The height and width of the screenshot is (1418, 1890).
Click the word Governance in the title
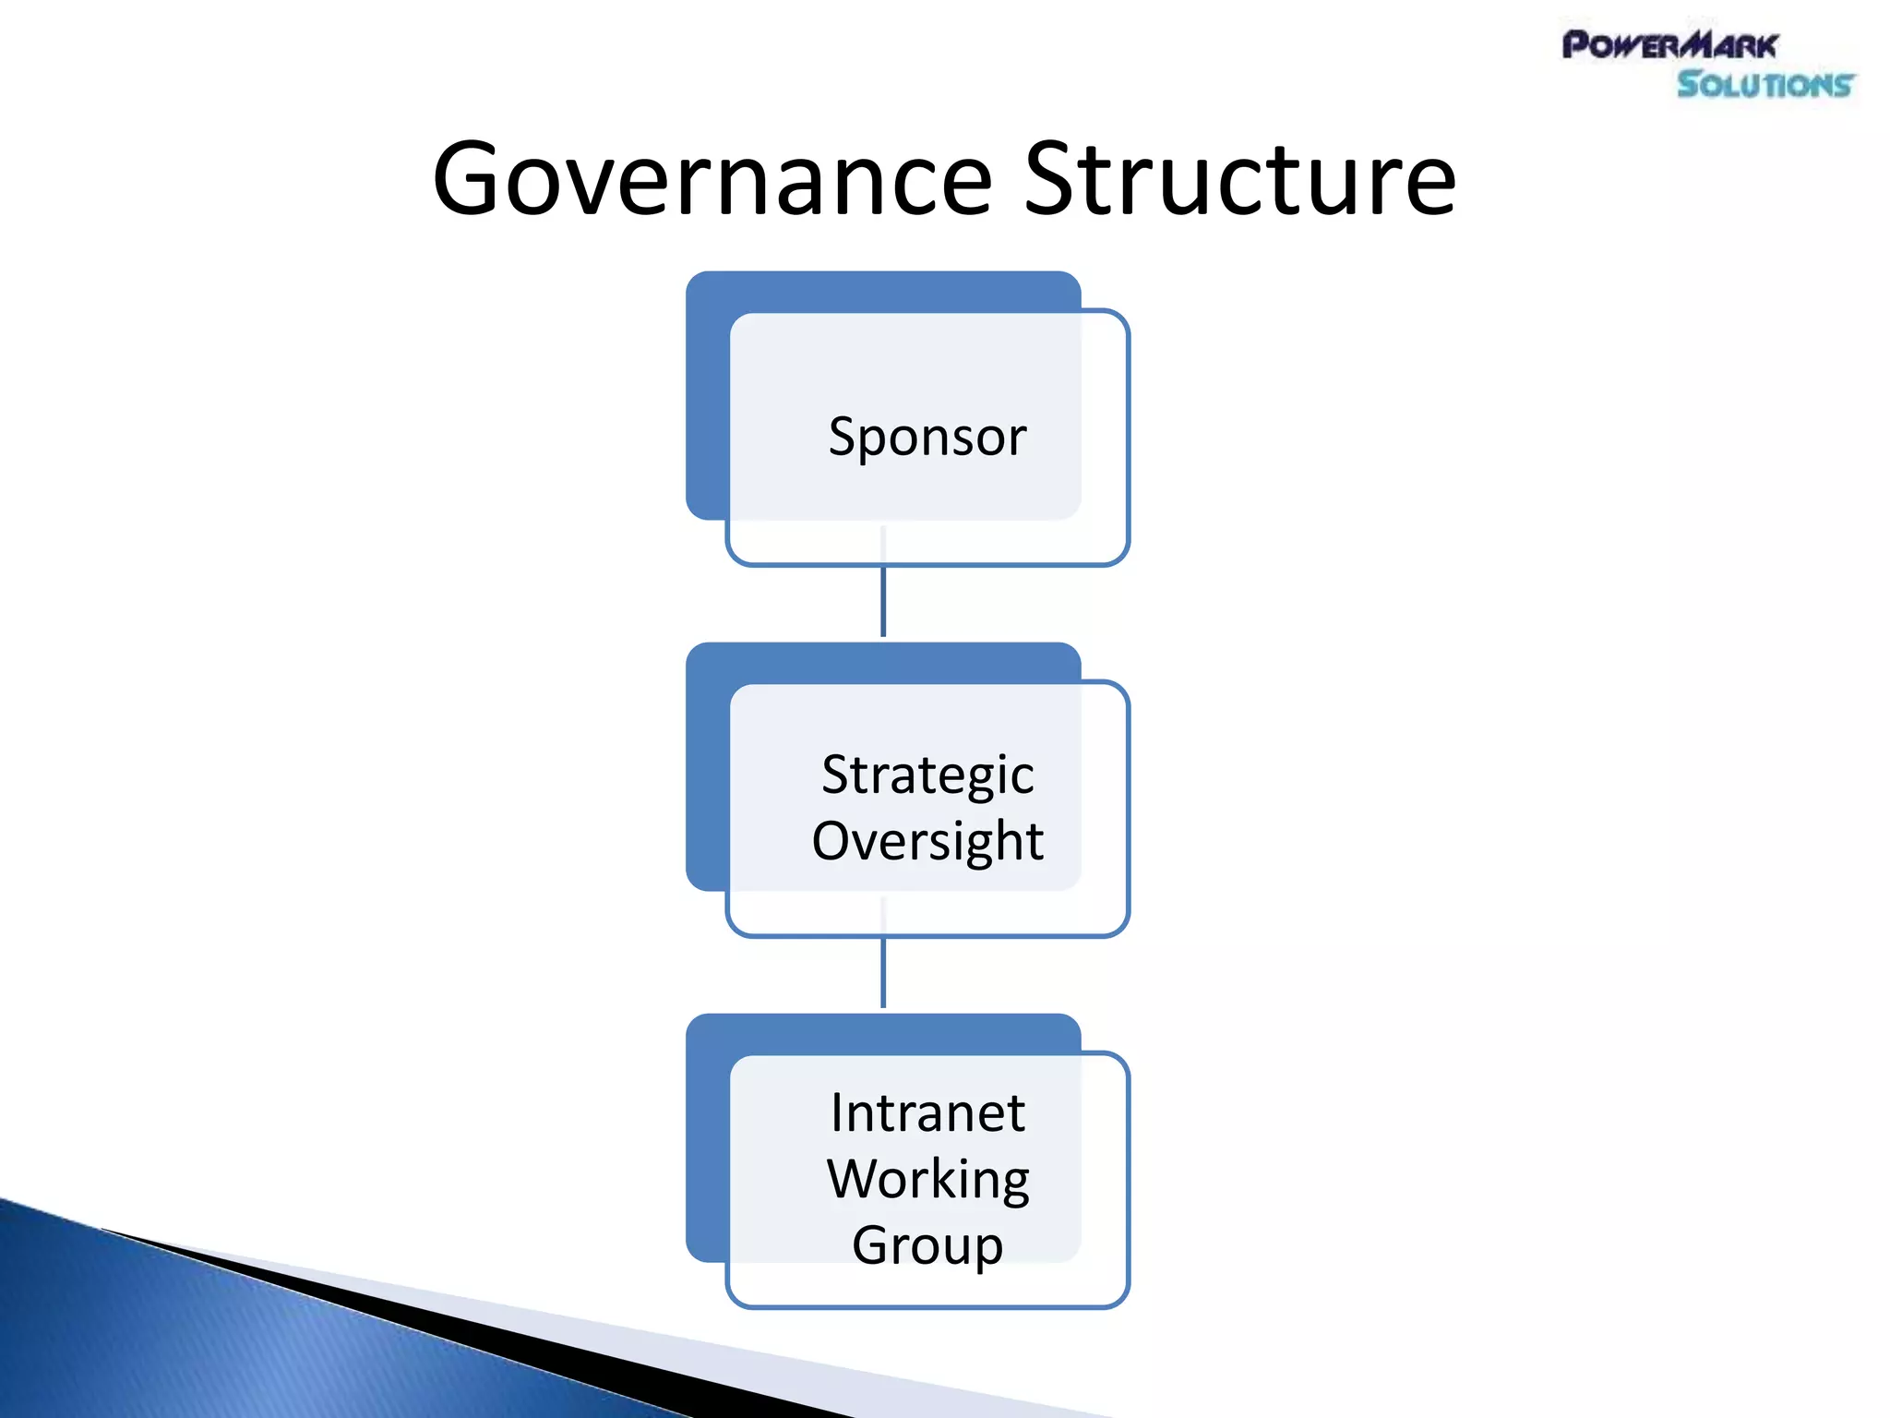(712, 180)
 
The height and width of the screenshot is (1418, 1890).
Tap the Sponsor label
(927, 437)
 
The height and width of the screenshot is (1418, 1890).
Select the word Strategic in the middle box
(927, 775)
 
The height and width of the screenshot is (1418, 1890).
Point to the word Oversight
(927, 841)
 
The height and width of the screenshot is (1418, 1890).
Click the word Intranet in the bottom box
(927, 1112)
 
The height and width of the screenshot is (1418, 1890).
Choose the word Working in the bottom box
(927, 1179)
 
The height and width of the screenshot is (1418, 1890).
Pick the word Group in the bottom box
(927, 1245)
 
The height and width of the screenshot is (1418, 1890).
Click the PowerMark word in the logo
(1669, 45)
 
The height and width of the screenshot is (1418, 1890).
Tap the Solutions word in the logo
(1764, 85)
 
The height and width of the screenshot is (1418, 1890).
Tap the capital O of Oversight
(835, 841)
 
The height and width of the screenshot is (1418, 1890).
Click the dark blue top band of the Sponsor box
(883, 291)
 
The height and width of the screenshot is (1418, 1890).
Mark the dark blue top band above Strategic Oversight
(883, 662)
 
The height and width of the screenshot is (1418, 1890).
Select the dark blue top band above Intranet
(883, 1033)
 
